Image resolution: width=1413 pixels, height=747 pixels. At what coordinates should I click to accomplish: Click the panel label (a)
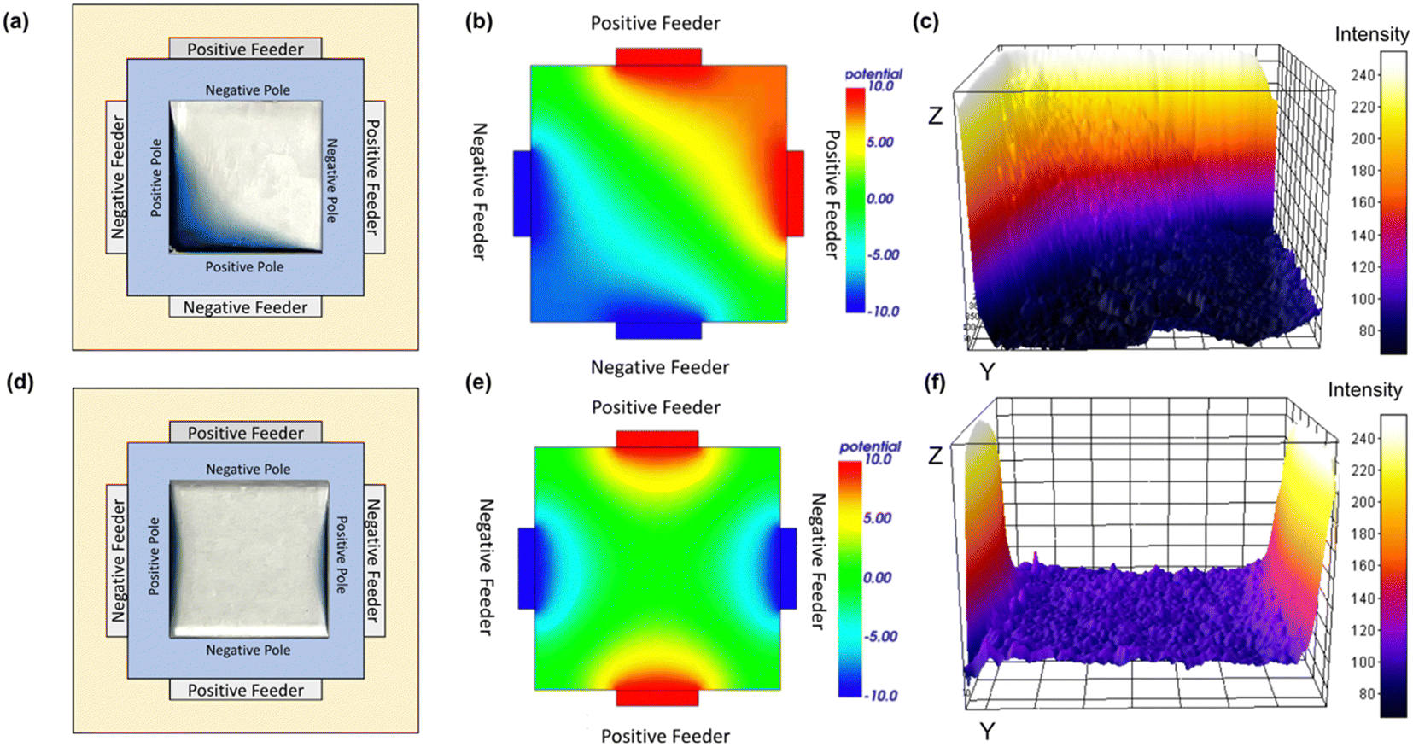click(15, 22)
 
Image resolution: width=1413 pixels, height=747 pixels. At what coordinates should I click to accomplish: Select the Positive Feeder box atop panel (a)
click(245, 49)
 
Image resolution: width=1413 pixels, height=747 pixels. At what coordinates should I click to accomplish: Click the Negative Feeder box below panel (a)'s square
click(245, 307)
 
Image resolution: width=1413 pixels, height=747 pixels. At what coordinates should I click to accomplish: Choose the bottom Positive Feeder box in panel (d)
click(245, 690)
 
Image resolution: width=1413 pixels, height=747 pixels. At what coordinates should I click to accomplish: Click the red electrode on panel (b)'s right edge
click(795, 193)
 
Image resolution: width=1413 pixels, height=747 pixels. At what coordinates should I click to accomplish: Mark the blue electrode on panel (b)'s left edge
click(522, 193)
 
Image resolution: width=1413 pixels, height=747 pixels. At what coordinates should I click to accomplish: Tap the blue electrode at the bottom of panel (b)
click(658, 330)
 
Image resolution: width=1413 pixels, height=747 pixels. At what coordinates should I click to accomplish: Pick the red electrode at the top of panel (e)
click(657, 439)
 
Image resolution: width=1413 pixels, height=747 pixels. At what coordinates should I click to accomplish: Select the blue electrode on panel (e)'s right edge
click(788, 568)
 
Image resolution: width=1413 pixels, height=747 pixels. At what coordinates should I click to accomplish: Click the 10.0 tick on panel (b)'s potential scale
click(880, 86)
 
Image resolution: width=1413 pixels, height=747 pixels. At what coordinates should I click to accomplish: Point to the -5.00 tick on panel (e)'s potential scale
click(879, 636)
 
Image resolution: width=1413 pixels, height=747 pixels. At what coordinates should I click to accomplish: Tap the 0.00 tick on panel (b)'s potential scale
click(880, 198)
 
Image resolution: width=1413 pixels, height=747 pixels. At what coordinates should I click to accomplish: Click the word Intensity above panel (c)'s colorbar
click(1371, 34)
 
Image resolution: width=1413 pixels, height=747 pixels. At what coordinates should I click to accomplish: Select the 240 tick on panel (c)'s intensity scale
click(1363, 75)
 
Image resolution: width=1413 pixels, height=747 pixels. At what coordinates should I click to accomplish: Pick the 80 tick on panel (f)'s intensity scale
click(1366, 693)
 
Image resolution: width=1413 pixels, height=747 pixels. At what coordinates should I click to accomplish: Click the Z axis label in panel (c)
click(936, 115)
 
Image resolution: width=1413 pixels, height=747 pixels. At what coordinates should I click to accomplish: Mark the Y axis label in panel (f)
click(987, 731)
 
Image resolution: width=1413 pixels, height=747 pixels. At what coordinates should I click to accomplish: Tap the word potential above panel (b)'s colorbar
click(873, 73)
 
